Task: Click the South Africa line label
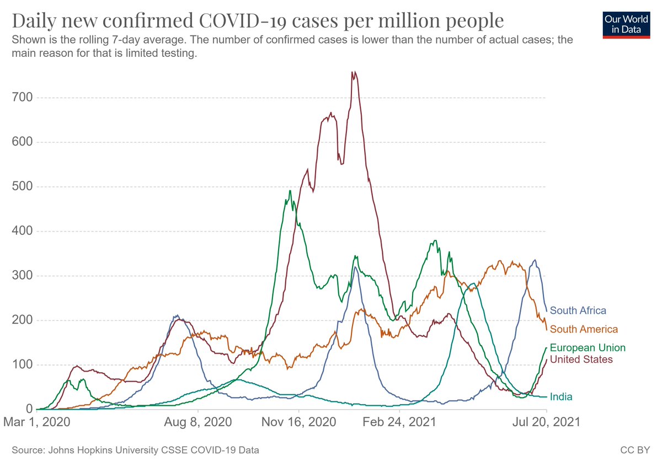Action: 578,310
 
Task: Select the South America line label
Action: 584,329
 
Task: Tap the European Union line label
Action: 588,348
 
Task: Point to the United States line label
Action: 581,359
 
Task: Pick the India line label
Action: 561,397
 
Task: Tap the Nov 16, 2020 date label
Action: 299,423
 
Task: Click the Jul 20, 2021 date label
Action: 547,423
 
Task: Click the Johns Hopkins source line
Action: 135,450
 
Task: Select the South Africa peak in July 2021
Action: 534,260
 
